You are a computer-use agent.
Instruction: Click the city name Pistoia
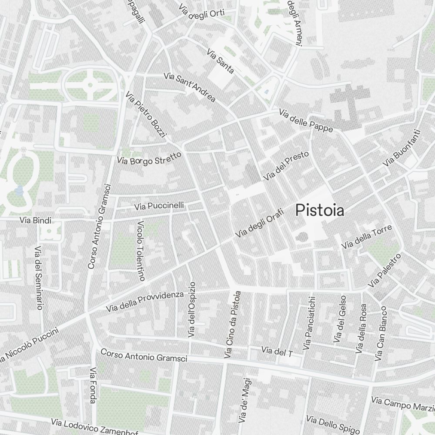coord(320,211)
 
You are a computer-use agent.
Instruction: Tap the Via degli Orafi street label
coord(259,223)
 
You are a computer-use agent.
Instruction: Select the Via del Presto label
coord(286,166)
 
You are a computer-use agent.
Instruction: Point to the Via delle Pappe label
coord(306,120)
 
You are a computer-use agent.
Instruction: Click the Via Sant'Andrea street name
coord(190,87)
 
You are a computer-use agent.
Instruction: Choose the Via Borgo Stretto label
coord(149,158)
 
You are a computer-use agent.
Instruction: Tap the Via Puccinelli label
coord(159,205)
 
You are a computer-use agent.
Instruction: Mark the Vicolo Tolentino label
coord(141,250)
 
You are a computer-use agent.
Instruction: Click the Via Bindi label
coord(35,221)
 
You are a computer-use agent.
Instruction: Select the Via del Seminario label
coord(39,278)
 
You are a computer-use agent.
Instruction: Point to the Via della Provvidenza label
coord(145,301)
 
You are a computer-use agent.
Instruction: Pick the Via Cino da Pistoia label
coord(232,325)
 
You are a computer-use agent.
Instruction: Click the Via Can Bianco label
coord(381,334)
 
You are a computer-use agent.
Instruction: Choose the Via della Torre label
coord(367,237)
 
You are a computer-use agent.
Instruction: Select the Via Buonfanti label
coord(402,148)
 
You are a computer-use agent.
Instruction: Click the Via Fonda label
coord(93,385)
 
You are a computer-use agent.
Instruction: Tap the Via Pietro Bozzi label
coord(146,114)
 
